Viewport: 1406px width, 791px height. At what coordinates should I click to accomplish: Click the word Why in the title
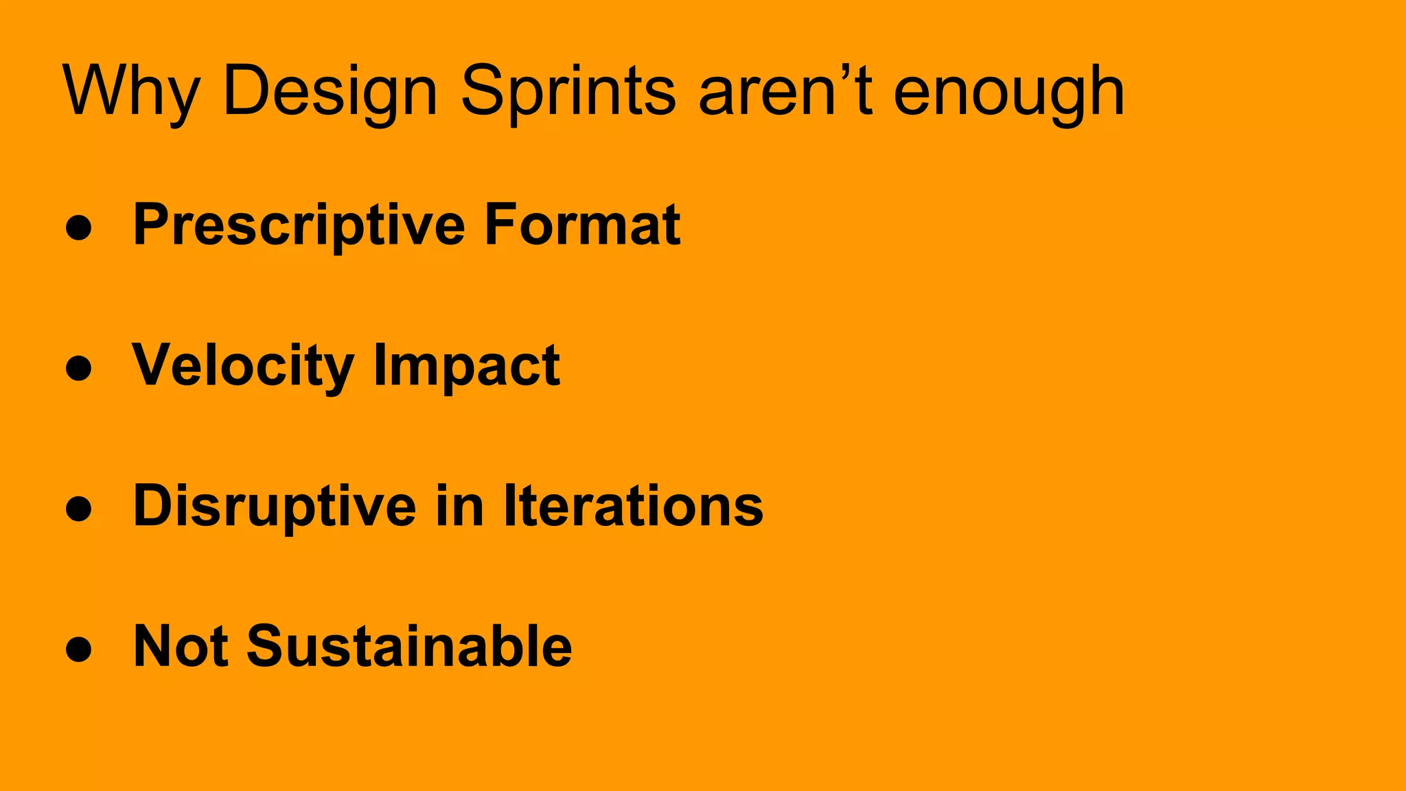point(130,91)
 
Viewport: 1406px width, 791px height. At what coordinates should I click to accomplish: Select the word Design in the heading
point(330,91)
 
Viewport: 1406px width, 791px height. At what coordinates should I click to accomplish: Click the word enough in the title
point(1009,91)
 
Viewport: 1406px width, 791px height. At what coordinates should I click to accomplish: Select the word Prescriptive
point(299,225)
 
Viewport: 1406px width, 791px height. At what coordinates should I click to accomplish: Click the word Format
point(582,225)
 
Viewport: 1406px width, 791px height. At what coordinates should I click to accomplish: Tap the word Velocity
point(243,366)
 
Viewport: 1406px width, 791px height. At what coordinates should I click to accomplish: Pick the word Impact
point(467,366)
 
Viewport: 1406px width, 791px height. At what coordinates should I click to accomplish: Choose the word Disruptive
point(275,507)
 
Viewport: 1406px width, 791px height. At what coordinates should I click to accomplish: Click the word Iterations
point(633,507)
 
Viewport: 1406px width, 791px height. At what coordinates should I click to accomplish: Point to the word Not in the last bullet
point(181,647)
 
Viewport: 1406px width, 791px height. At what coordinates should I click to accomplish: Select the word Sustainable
point(409,647)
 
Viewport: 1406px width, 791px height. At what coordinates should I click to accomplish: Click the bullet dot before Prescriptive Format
point(79,227)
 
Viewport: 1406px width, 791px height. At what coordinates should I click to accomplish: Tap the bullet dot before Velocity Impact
point(79,368)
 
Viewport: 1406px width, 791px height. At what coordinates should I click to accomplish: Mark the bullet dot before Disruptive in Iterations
point(79,509)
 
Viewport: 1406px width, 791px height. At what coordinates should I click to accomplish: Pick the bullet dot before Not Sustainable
point(79,649)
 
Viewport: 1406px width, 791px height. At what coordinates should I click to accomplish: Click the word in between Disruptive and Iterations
point(460,507)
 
